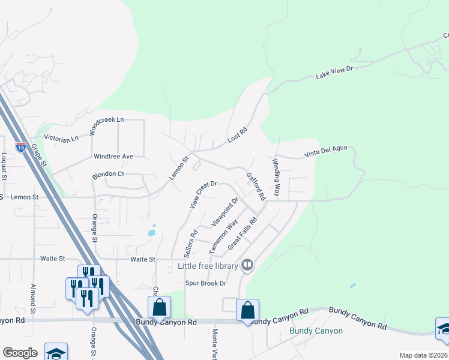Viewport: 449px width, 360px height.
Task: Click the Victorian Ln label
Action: [62, 139]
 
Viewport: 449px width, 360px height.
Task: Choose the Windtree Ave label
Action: [113, 157]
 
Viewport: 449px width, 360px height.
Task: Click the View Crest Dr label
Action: [202, 195]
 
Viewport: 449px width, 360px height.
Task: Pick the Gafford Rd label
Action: [256, 186]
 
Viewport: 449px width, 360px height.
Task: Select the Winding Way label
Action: [277, 178]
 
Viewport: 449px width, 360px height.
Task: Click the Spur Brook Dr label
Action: [205, 283]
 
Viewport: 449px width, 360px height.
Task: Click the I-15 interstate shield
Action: [21, 147]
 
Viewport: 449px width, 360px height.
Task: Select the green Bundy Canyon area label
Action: [316, 331]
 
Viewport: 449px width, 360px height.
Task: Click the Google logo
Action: [20, 353]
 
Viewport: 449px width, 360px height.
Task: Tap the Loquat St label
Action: [4, 166]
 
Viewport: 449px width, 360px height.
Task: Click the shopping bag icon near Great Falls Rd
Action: [247, 311]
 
